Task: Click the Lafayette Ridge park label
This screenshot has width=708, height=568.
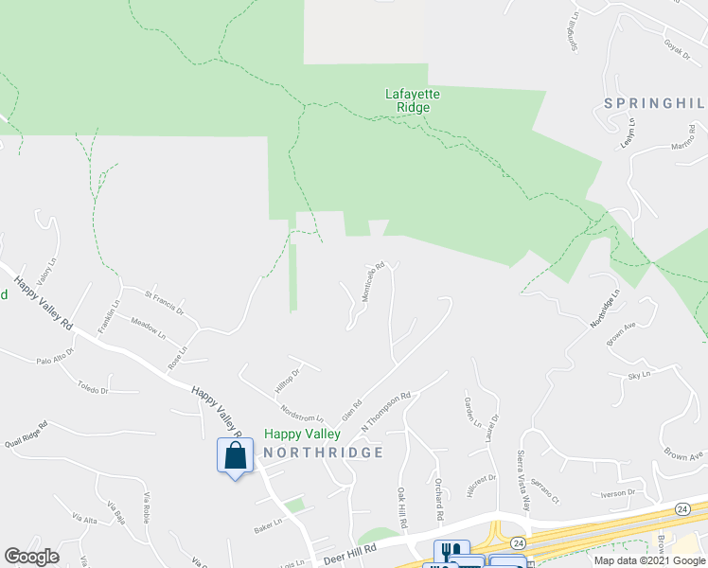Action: [413, 100]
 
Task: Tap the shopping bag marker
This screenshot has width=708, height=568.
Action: [235, 456]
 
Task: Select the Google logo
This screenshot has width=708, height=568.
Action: [31, 557]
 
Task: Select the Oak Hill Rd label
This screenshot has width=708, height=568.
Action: [402, 508]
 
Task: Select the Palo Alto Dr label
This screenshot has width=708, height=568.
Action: [55, 361]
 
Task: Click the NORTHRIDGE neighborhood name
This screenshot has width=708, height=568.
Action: [323, 453]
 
